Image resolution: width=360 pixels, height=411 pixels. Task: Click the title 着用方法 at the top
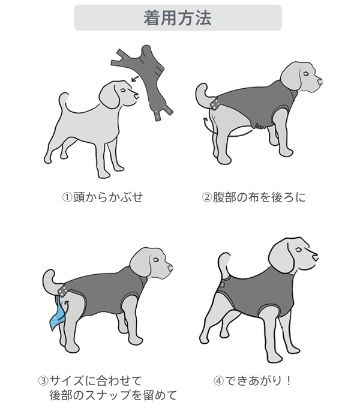coord(178,18)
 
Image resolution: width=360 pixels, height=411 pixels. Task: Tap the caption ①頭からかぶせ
coord(103,197)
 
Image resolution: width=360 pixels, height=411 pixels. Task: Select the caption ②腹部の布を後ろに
coord(254,197)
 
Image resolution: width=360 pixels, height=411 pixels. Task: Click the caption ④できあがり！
coord(252,380)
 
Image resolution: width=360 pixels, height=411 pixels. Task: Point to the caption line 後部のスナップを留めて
coord(113,395)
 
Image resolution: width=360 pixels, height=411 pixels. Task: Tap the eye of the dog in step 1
coord(123,89)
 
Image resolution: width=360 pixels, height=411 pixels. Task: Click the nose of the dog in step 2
coord(320,81)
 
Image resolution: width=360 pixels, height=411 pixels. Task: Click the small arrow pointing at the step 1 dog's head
coord(135,78)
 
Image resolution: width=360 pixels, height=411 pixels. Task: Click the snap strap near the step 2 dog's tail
coord(217,104)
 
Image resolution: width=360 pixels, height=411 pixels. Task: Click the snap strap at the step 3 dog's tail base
coord(64,292)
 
